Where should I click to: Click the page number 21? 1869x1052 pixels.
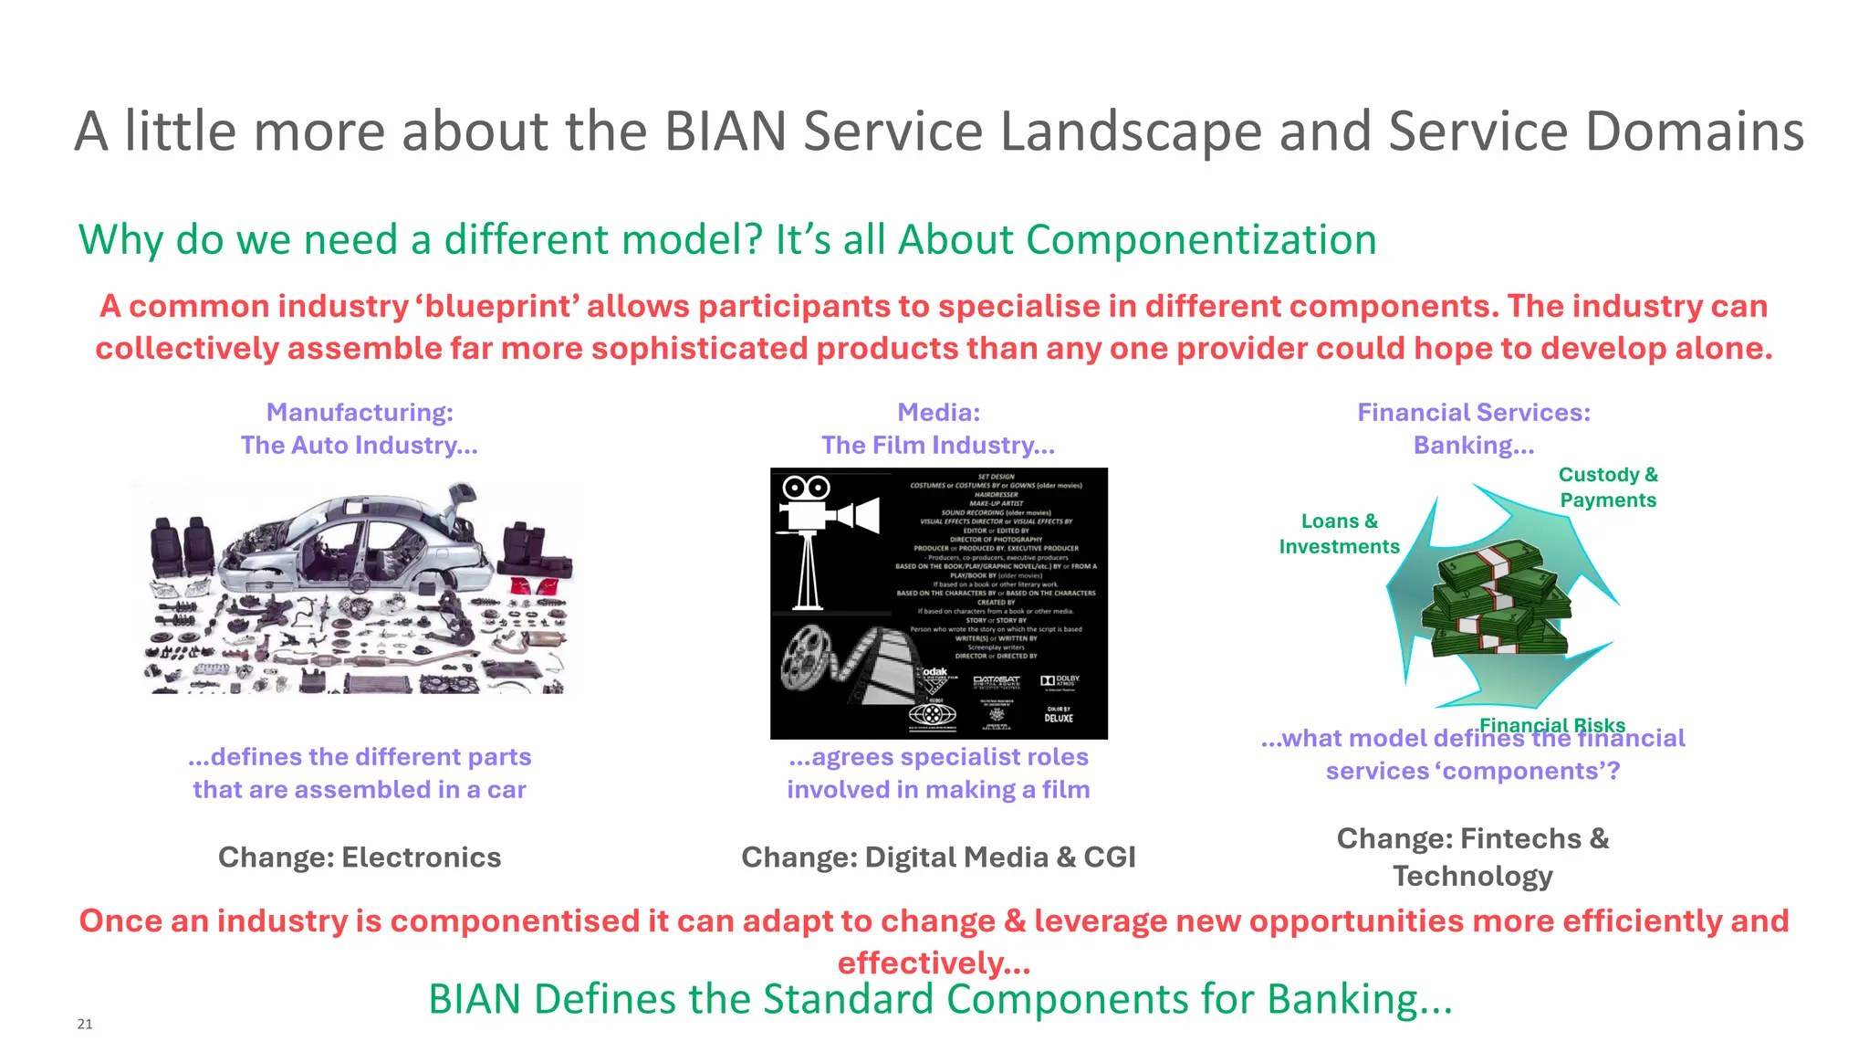coord(85,1024)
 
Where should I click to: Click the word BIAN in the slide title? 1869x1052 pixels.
coord(726,131)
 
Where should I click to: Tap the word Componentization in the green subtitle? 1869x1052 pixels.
coord(1201,239)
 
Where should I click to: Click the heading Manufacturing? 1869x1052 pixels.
coord(360,413)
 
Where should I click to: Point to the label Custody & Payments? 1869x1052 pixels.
coord(1607,487)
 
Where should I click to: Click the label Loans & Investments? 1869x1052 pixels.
coord(1339,533)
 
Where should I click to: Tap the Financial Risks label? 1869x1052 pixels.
coord(1551,725)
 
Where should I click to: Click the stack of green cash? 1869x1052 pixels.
coord(1497,598)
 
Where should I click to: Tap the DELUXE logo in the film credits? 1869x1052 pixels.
coord(1059,718)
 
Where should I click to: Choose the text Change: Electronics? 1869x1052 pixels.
coord(360,857)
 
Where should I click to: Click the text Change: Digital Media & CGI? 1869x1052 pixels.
coord(938,857)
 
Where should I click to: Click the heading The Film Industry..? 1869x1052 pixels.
coord(938,446)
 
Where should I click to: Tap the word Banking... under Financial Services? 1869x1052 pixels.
coord(1474,446)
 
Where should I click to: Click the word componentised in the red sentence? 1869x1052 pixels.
coord(515,920)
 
